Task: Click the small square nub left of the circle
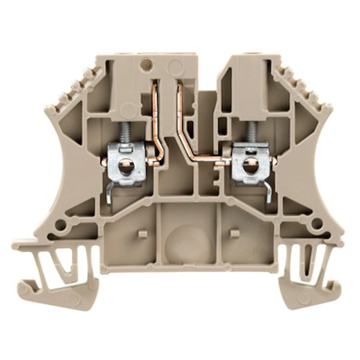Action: (x=142, y=234)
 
